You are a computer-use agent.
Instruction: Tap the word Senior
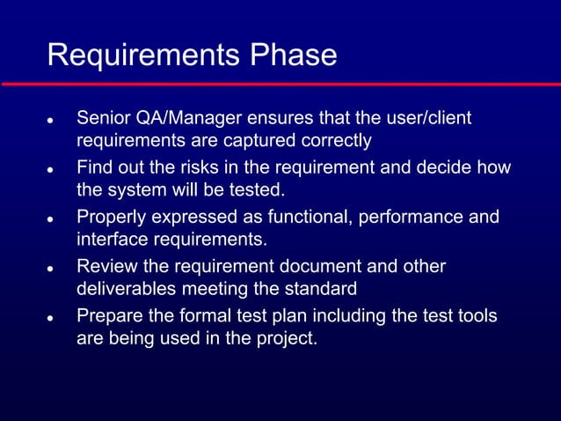(x=104, y=118)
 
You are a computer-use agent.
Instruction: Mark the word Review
(x=106, y=266)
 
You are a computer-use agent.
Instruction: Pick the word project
(x=286, y=338)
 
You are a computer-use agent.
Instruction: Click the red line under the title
(x=280, y=84)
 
